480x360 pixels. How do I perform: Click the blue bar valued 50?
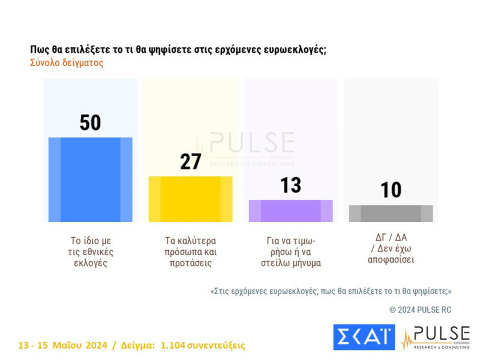(90, 179)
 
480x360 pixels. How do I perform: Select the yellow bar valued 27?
(190, 199)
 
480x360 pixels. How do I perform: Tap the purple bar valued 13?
(290, 211)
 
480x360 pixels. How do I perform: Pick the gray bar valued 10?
(391, 213)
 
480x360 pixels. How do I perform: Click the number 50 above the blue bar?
(90, 123)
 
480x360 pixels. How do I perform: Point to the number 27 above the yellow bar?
(190, 161)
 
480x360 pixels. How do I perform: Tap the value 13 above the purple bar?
(290, 185)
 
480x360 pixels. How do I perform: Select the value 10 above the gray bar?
(391, 190)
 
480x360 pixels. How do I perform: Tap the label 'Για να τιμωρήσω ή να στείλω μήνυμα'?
(291, 251)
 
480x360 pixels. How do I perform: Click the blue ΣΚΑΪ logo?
(364, 337)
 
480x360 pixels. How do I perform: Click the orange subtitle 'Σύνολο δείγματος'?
(67, 62)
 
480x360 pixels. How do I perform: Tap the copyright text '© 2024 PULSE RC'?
(420, 310)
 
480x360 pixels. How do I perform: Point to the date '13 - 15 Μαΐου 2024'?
(63, 346)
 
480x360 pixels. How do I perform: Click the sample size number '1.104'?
(173, 346)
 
